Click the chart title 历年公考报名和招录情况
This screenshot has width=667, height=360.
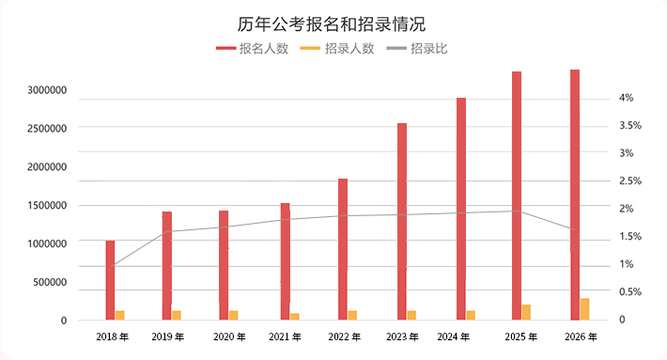(x=333, y=23)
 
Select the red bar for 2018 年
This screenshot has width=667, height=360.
(x=110, y=280)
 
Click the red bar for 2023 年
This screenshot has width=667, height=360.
(x=402, y=221)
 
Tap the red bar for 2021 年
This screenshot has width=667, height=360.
(x=285, y=261)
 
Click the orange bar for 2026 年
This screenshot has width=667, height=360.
(x=584, y=308)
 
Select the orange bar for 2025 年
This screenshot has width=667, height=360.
(x=526, y=312)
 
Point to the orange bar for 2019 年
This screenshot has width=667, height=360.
(x=176, y=315)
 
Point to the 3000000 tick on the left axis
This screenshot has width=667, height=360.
(x=47, y=90)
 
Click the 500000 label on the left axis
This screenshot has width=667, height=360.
(x=51, y=282)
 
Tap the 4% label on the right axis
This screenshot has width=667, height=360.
(x=627, y=98)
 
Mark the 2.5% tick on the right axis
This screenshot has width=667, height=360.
(x=629, y=180)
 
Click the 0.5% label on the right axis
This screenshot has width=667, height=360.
(x=629, y=292)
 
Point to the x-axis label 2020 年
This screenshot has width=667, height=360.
(x=230, y=336)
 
